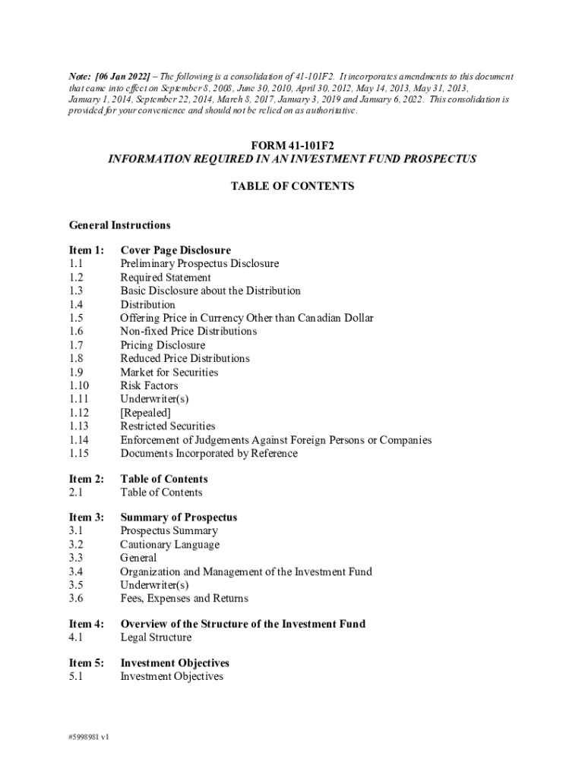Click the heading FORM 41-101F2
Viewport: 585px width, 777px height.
click(292, 145)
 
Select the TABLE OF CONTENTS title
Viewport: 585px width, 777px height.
click(292, 186)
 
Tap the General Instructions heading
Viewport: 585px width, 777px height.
click(119, 225)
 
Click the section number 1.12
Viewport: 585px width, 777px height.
click(79, 413)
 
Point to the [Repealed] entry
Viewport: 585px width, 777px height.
click(145, 413)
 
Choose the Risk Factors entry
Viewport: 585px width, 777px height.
click(149, 385)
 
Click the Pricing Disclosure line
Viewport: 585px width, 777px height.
click(163, 345)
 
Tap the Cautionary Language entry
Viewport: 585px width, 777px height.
click(169, 545)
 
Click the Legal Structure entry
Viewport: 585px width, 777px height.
click(156, 637)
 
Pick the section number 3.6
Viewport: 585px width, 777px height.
click(76, 599)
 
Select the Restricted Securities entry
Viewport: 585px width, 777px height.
click(167, 426)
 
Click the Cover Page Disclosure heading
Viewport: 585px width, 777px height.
click(175, 250)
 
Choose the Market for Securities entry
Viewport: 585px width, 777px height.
click(169, 373)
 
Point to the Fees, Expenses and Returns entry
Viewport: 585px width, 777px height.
click(184, 599)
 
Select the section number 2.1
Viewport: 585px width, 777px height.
click(76, 492)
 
